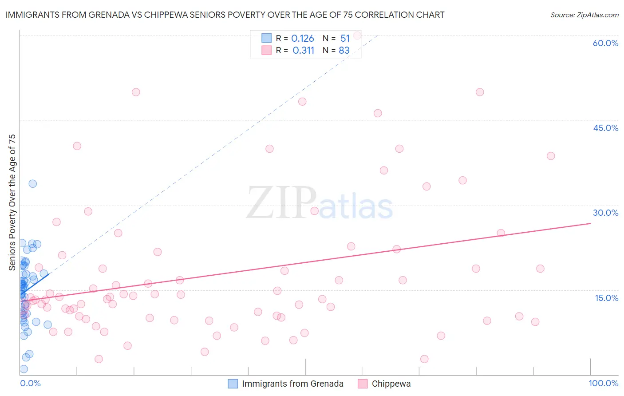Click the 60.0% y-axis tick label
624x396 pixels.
605,43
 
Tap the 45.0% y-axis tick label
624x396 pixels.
605,128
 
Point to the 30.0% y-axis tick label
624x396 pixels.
605,213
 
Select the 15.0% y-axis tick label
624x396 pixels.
606,298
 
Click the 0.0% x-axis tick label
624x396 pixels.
30,383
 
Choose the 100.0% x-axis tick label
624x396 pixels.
603,383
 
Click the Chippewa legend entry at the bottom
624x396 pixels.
391,384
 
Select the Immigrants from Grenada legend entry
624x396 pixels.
292,384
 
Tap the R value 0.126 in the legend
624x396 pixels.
303,39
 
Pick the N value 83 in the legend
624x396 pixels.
344,51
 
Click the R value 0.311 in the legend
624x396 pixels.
304,51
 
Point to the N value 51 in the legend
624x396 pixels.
345,39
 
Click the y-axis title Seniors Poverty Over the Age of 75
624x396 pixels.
12,202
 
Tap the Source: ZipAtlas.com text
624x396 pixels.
584,15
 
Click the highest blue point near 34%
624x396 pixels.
32,183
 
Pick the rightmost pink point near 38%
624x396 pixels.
551,156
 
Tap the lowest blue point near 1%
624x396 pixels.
24,369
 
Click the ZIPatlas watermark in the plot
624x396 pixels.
320,203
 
